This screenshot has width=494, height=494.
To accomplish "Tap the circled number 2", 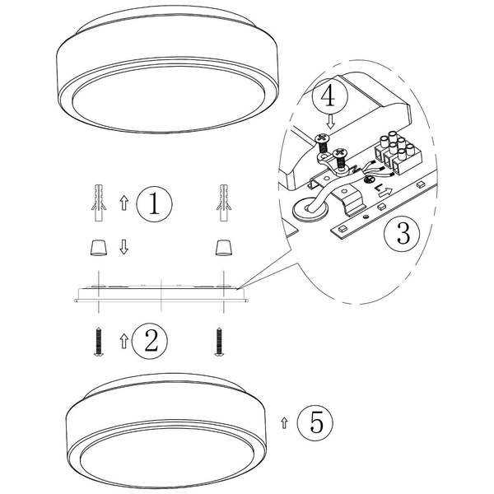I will point(150,339).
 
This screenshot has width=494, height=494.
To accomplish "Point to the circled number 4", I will point(329,97).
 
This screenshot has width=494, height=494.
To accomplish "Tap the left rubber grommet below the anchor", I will point(99,246).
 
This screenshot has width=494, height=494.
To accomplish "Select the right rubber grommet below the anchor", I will point(221,246).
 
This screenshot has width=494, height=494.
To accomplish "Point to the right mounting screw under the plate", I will point(220,342).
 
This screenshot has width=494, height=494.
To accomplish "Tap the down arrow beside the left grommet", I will point(123,247).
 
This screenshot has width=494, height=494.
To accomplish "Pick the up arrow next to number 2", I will point(123,340).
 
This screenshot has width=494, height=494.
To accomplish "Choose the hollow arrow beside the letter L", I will point(384,198).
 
